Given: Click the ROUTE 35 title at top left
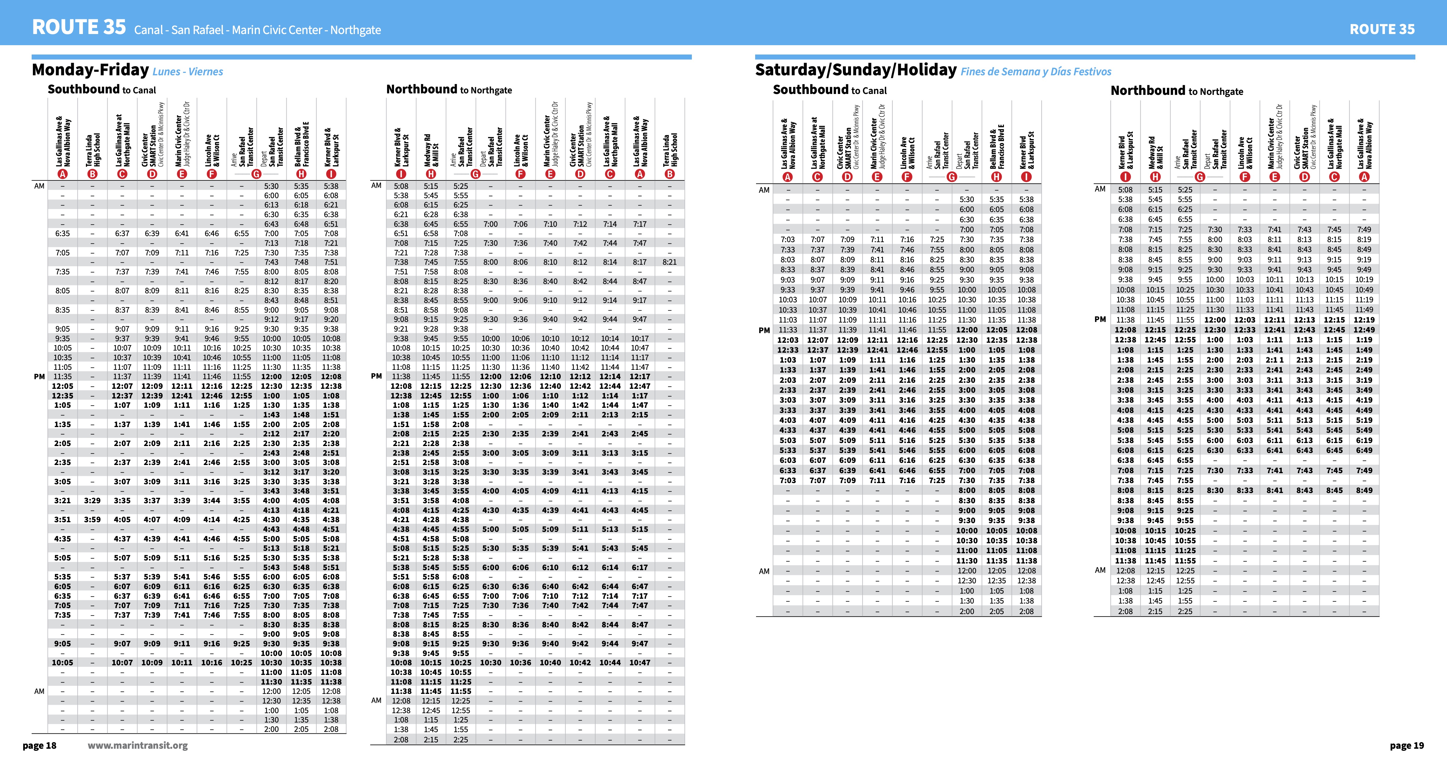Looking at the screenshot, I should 79,27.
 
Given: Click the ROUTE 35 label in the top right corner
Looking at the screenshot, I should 1382,29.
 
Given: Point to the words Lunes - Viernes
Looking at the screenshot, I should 188,72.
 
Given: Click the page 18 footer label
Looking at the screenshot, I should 39,745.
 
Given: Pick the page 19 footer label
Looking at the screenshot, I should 1407,745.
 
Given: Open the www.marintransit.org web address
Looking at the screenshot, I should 138,745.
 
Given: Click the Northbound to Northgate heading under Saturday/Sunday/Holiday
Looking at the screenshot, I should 1177,91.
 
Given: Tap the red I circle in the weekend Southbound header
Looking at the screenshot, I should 1026,177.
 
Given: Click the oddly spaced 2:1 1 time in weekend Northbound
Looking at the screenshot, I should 1275,360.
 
